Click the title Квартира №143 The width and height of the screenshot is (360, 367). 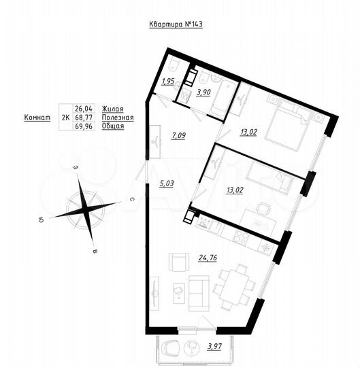click(176, 24)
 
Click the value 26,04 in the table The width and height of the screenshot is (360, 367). click(83, 107)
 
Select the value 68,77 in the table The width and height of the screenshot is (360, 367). click(83, 117)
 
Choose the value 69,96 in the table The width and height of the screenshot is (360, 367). click(83, 127)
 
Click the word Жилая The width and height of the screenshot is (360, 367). click(112, 107)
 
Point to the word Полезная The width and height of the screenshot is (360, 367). click(117, 117)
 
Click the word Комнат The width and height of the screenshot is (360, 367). click(37, 118)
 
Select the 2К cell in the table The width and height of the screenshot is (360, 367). click(65, 118)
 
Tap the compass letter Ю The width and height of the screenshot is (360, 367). click(42, 220)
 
